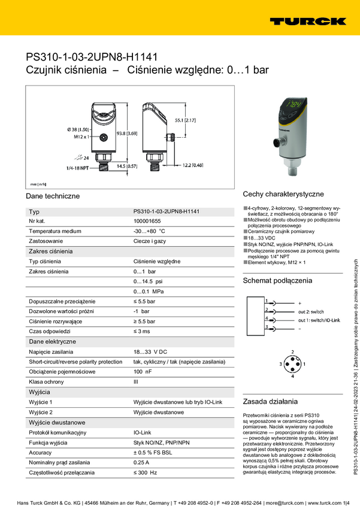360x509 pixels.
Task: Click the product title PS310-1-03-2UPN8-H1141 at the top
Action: (92, 57)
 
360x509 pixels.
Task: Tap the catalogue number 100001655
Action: (147, 221)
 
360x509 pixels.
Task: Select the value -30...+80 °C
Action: (149, 231)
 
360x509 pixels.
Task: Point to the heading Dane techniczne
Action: (53, 196)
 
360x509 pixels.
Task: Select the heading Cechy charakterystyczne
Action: (283, 195)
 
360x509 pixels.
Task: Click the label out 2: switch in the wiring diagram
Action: (311, 311)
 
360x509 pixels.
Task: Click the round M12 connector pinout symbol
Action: (292, 364)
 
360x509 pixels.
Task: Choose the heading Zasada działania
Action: (270, 401)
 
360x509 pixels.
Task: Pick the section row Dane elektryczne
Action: (53, 341)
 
